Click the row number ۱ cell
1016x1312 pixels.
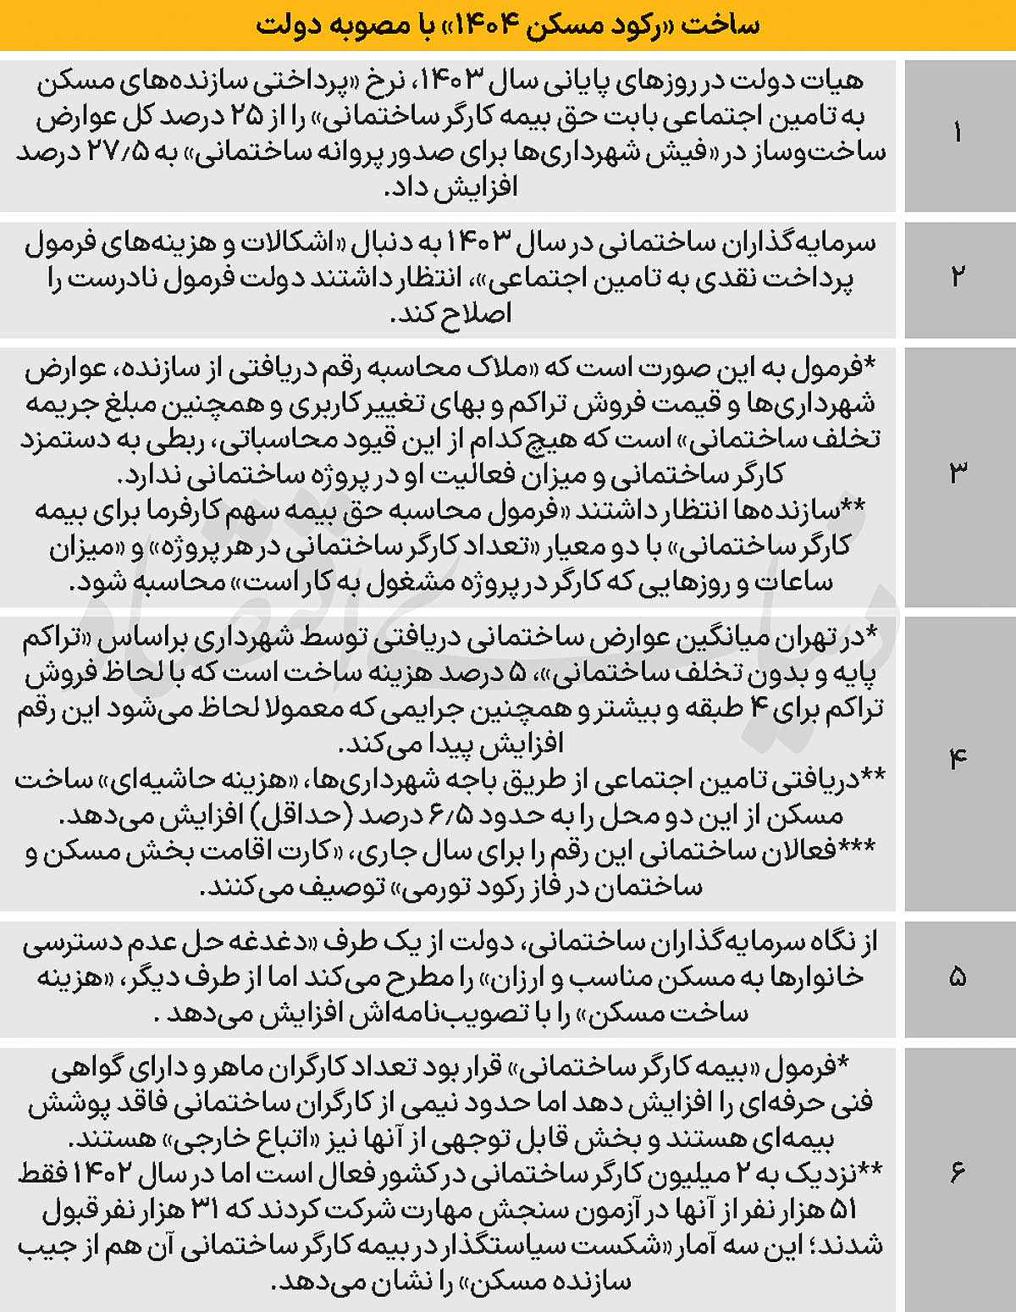(x=958, y=133)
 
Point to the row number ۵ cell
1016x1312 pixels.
(x=958, y=977)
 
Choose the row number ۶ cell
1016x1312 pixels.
(x=958, y=1172)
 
